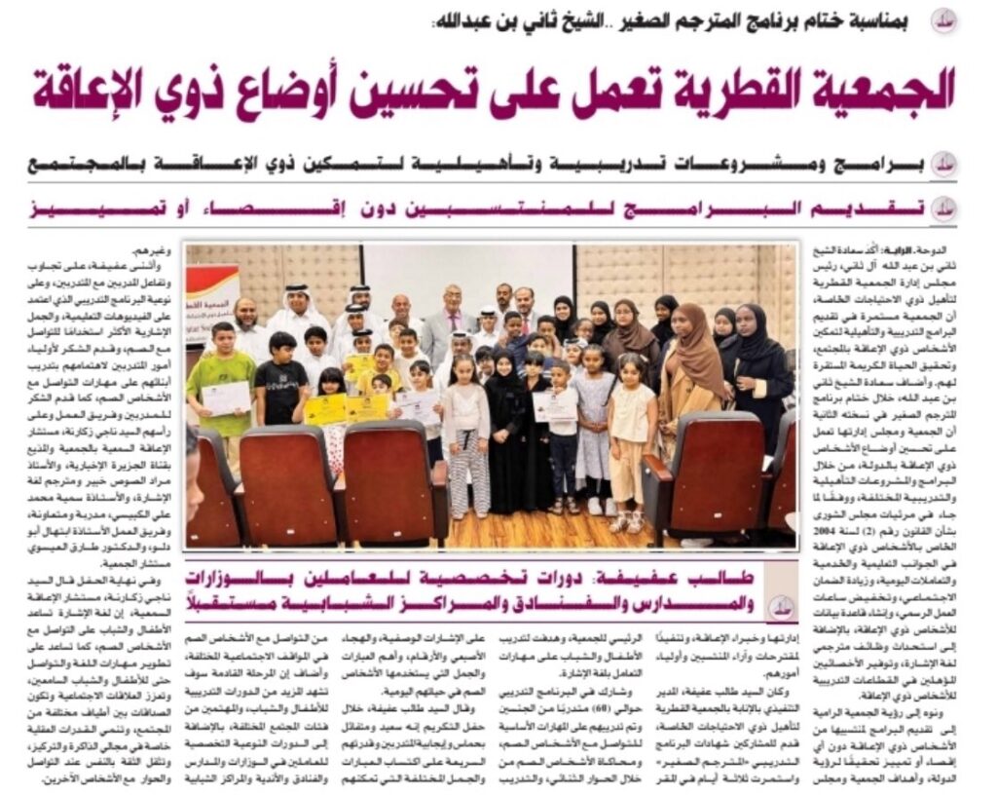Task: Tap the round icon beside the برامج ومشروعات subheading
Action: pos(942,164)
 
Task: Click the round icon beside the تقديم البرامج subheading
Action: pos(942,208)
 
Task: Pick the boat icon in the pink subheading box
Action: pos(780,605)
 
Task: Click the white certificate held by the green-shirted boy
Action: pos(225,397)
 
